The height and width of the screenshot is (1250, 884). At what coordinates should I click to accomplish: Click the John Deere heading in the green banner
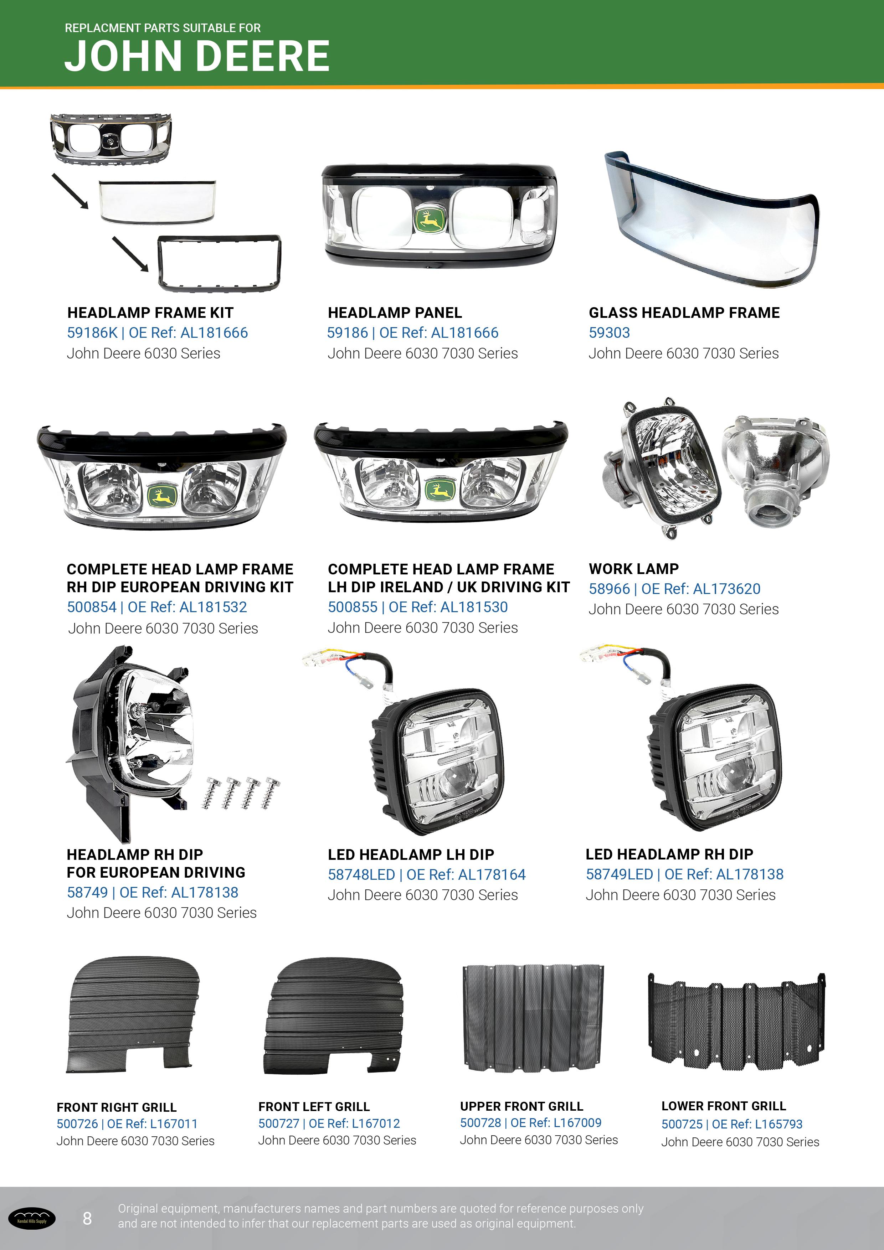[197, 56]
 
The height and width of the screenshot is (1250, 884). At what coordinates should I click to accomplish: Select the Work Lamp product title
[633, 569]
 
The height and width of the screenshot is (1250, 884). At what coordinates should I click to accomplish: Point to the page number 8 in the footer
[87, 1218]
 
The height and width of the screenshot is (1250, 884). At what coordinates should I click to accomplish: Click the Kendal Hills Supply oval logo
[32, 1218]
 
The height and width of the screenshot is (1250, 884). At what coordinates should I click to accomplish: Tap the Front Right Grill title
[117, 1107]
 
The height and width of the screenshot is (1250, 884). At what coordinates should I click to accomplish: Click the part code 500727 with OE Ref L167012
[329, 1123]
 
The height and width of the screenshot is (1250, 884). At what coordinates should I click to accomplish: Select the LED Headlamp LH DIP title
[411, 855]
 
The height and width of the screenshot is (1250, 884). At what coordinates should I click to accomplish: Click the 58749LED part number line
[684, 874]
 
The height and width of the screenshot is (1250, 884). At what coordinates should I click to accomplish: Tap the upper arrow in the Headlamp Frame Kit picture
[70, 191]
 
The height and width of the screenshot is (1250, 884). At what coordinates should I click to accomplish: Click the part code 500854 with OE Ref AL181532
[157, 607]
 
